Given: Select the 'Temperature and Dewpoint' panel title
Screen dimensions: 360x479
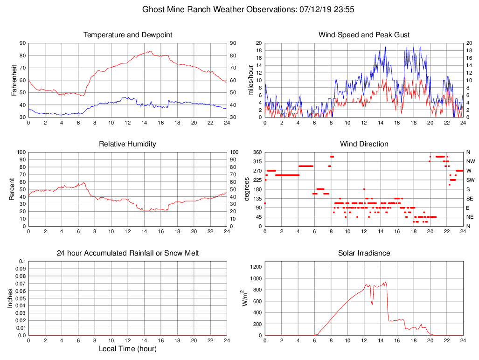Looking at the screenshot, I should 128,35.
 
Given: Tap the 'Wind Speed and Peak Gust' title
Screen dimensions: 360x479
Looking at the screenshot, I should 364,35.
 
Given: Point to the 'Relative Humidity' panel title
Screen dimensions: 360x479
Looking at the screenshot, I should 128,144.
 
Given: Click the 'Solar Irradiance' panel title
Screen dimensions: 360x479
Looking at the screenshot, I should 364,253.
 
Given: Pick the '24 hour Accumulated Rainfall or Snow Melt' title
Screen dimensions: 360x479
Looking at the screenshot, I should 128,253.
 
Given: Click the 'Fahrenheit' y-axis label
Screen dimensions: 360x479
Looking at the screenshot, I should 14,80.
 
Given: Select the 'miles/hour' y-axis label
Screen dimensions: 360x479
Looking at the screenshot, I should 251,80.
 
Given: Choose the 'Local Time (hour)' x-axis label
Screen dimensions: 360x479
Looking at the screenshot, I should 128,348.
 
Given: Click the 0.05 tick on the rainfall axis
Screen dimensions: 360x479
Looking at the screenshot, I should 21,298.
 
